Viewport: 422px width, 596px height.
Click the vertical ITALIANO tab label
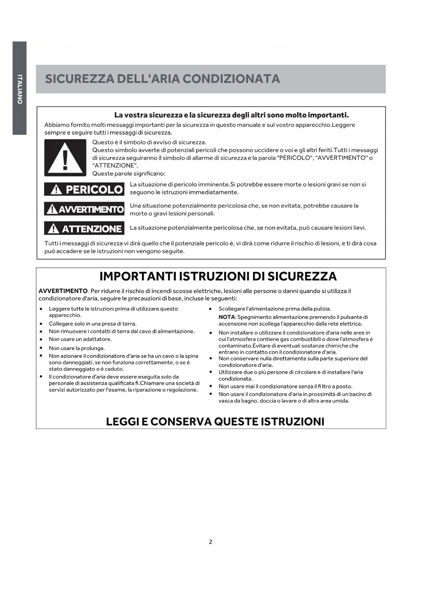[x=20, y=89]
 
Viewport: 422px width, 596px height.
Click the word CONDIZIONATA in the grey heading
[x=231, y=79]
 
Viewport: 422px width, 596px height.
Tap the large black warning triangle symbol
[x=65, y=158]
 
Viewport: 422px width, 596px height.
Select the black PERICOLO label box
[x=84, y=189]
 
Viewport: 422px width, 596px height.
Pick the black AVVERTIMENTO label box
[x=84, y=209]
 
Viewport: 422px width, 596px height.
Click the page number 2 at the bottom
[x=210, y=542]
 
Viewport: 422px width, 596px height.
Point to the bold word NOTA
[x=226, y=317]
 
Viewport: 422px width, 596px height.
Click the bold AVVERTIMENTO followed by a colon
[x=63, y=291]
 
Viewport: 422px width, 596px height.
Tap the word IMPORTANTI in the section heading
[x=138, y=276]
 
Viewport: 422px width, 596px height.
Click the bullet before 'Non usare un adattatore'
[x=41, y=339]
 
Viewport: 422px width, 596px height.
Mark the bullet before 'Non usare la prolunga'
[x=41, y=348]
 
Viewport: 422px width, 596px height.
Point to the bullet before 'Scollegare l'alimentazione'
[x=210, y=309]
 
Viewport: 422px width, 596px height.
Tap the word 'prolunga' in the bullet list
[x=93, y=348]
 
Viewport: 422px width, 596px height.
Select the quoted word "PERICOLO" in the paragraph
[x=294, y=158]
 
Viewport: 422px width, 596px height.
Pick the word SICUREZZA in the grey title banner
[x=79, y=79]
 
